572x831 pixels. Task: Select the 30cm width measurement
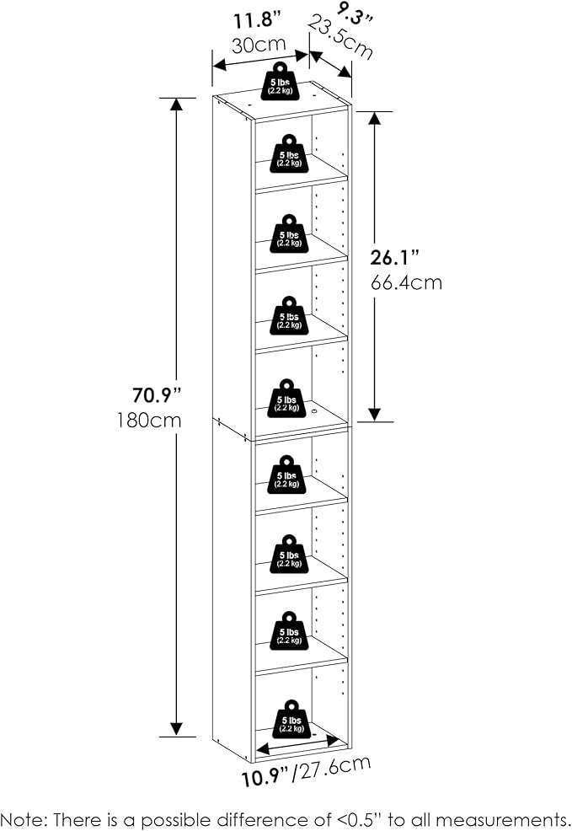(259, 45)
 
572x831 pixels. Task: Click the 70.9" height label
(157, 394)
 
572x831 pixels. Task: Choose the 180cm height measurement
(151, 420)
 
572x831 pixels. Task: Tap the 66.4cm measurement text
(407, 282)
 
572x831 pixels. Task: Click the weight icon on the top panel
(280, 78)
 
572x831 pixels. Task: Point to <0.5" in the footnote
(325, 818)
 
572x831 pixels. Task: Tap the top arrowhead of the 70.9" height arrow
(177, 105)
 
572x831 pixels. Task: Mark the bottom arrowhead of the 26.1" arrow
(376, 414)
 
